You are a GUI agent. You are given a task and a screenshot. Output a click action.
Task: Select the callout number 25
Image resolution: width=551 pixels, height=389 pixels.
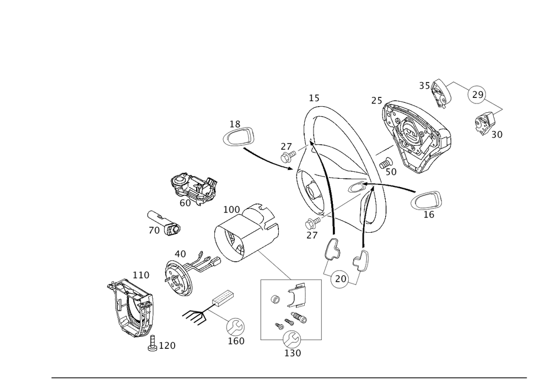377,102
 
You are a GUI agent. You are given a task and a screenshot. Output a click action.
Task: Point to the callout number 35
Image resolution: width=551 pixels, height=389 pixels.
424,86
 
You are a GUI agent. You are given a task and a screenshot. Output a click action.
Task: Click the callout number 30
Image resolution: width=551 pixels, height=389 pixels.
496,134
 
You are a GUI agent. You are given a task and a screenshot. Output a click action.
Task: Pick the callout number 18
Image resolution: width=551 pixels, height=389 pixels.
236,123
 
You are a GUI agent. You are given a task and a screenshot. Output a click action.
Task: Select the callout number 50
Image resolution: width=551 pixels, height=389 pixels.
391,172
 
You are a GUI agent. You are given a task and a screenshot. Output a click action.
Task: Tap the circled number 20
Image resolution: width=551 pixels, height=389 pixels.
340,280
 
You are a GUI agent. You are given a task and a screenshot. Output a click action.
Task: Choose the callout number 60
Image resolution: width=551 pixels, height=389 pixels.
185,202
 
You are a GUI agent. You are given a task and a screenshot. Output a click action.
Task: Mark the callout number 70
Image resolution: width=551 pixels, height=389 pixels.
154,231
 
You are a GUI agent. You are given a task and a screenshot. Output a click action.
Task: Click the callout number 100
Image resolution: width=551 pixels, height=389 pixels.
231,211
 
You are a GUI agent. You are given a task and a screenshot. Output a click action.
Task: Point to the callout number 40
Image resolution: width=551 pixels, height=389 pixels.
181,254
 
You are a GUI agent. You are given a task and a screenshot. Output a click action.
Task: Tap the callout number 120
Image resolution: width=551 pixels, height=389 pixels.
167,346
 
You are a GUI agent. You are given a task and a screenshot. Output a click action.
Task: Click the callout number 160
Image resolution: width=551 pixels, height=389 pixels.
235,341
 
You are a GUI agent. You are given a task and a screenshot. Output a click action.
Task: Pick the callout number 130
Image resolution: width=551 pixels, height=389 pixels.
292,353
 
